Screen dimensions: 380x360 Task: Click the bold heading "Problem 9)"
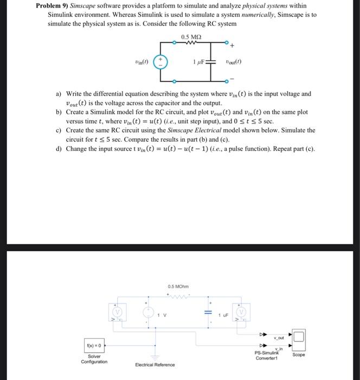coord(55,6)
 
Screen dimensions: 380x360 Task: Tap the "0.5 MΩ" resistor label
coord(192,36)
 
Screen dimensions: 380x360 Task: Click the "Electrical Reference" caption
coord(155,365)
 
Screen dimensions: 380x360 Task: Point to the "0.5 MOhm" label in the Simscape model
coord(178,287)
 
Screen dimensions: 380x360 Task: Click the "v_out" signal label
coord(280,337)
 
